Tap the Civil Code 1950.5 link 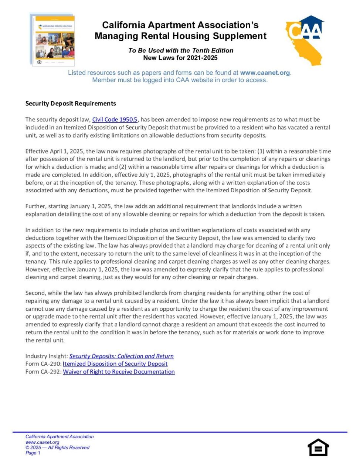pos(115,119)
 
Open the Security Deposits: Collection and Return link pos(121,356)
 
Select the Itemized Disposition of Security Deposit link pos(115,364)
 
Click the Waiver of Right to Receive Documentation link pos(119,372)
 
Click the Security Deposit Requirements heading pos(71,104)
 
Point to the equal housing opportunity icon pos(318,448)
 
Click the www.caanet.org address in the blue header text pos(265,73)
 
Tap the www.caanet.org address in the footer pos(42,442)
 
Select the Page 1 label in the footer pos(33,453)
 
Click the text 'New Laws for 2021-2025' pos(180,58)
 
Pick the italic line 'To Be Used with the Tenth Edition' pos(181,50)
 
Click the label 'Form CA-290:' pos(43,364)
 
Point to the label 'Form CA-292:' pos(43,372)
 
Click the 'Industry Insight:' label pos(47,356)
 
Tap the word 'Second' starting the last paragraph pos(35,293)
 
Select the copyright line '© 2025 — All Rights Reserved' pos(57,448)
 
